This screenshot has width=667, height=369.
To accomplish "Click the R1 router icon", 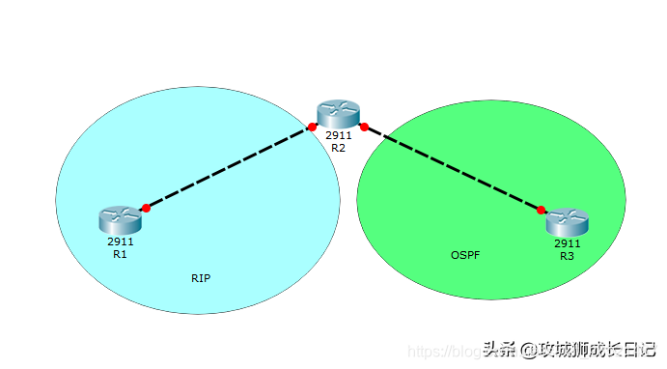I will pyautogui.click(x=120, y=220).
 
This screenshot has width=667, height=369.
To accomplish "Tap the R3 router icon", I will pyautogui.click(x=567, y=222).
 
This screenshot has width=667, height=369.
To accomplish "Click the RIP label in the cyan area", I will pyautogui.click(x=201, y=278).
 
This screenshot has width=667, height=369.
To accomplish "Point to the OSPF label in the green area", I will pyautogui.click(x=465, y=255).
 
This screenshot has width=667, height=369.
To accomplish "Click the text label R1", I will pyautogui.click(x=120, y=254).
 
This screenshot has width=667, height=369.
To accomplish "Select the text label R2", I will pyautogui.click(x=338, y=149).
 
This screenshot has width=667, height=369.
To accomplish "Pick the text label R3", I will pyautogui.click(x=567, y=256).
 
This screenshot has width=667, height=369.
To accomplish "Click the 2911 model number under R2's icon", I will pyautogui.click(x=338, y=136).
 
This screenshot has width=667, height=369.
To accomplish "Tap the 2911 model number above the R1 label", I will pyautogui.click(x=120, y=241).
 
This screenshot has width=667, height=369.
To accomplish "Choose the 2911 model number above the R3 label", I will pyautogui.click(x=567, y=243).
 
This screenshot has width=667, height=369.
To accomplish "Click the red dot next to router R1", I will pyautogui.click(x=146, y=208).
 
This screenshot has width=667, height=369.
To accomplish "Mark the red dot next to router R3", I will pyautogui.click(x=542, y=210).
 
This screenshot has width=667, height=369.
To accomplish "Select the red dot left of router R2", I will pyautogui.click(x=312, y=127).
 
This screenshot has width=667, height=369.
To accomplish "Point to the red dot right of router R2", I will pyautogui.click(x=364, y=127).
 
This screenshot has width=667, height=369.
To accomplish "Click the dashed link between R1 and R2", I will pyautogui.click(x=229, y=167).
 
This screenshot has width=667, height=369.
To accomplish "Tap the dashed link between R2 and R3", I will pyautogui.click(x=453, y=168).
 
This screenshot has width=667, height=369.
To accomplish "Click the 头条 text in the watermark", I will pyautogui.click(x=500, y=348).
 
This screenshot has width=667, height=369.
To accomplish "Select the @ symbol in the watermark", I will pyautogui.click(x=528, y=349).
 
